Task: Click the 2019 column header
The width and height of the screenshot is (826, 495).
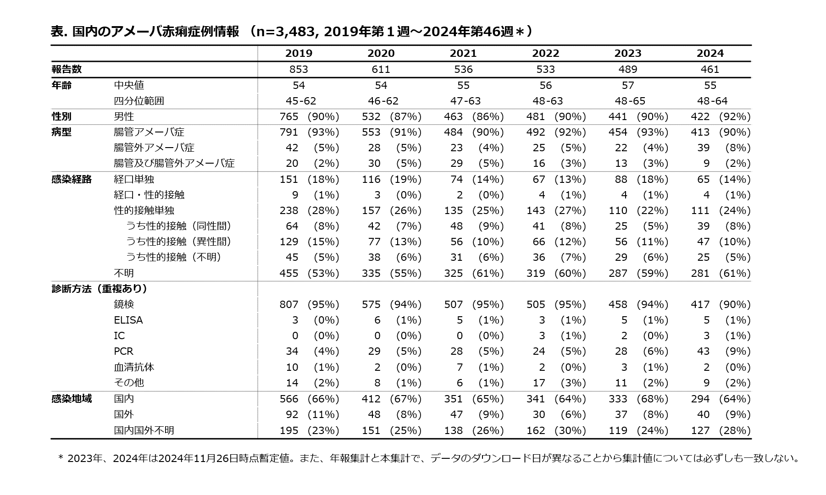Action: [299, 53]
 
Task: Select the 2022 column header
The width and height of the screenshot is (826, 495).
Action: [545, 53]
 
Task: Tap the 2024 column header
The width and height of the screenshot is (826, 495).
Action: [710, 53]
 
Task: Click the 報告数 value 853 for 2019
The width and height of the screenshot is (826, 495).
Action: [299, 69]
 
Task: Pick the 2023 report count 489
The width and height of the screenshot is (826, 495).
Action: [628, 69]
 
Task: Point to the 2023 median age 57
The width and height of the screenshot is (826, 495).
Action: [628, 85]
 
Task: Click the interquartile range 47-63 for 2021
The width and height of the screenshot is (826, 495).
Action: [463, 101]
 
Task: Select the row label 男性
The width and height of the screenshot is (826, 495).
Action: [124, 116]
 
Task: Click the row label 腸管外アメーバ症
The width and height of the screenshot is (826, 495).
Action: [154, 148]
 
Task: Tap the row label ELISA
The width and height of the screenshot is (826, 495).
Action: [128, 320]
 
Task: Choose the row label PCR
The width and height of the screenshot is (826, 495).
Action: [123, 351]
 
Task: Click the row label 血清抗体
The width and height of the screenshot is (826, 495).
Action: [134, 367]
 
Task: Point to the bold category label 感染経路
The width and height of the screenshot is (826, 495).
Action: [72, 179]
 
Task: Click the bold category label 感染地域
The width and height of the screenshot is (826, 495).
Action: [72, 399]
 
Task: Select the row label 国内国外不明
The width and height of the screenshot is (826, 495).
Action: [144, 430]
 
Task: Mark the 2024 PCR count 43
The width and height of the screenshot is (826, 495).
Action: [703, 351]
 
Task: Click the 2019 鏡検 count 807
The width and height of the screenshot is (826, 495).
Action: [289, 304]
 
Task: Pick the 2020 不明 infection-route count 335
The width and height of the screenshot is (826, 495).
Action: [371, 273]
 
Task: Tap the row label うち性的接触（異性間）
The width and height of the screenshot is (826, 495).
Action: [179, 242]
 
